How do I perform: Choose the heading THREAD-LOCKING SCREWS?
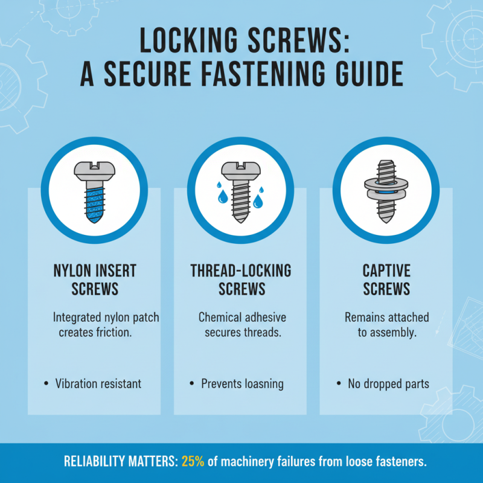click(241, 279)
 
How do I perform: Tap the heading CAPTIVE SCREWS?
click(386, 279)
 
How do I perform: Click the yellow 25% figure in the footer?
click(193, 462)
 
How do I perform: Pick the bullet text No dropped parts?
click(388, 383)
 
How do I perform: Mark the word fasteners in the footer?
click(397, 462)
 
